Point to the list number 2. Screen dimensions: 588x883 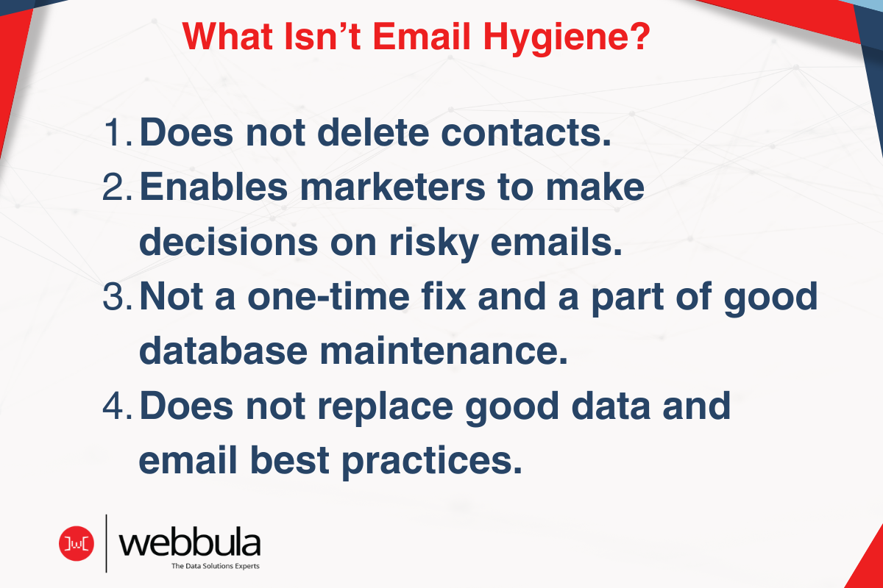pos(117,190)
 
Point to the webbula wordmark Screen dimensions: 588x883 pos(189,544)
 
